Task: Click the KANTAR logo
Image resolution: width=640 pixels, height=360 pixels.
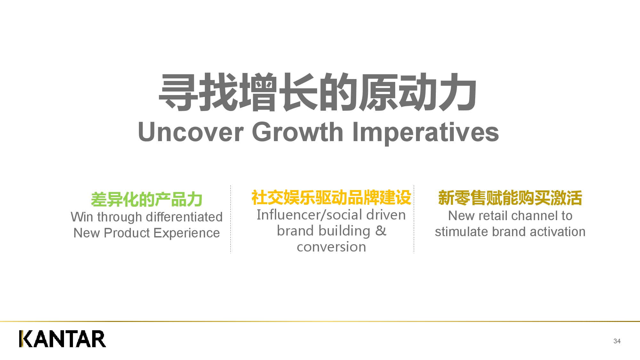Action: (x=62, y=339)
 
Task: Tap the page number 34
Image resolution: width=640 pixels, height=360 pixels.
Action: (x=617, y=341)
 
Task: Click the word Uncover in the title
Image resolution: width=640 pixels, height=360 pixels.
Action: (x=191, y=132)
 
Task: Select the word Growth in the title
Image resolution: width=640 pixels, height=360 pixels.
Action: (x=298, y=132)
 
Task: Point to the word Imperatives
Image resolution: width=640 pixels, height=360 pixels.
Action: (x=425, y=132)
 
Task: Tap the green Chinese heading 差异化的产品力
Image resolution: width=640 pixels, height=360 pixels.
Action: (x=147, y=199)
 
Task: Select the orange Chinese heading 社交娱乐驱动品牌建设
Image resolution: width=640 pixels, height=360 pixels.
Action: (x=331, y=197)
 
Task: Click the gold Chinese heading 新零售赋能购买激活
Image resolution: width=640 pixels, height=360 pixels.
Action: (x=510, y=198)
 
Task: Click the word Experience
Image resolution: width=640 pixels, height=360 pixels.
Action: (x=187, y=233)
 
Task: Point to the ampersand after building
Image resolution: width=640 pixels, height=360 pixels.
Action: (x=380, y=231)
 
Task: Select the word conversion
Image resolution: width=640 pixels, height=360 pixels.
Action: (x=331, y=247)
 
